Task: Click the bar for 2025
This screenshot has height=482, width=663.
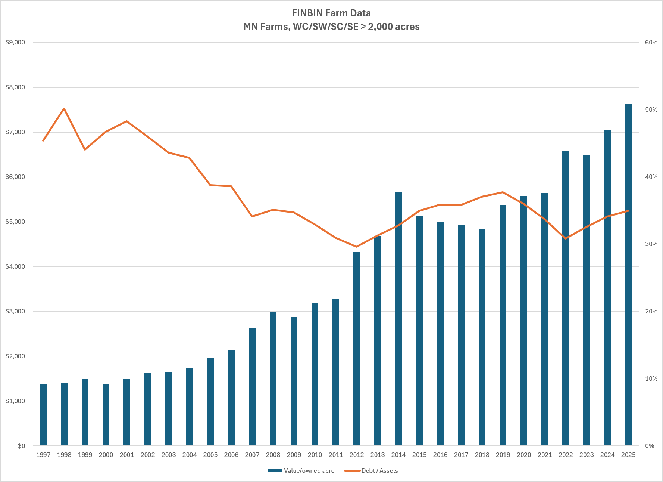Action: point(628,275)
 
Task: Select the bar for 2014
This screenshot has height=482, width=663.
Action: point(398,319)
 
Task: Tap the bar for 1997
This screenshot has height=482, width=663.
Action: point(43,415)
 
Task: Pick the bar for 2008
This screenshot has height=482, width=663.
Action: point(273,379)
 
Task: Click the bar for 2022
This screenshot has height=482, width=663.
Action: point(566,298)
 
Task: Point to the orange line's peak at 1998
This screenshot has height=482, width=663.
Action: point(64,109)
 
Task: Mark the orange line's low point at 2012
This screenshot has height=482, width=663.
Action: point(357,247)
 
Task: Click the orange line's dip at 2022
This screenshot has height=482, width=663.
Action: point(566,238)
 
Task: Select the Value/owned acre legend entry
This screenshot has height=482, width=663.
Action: point(301,470)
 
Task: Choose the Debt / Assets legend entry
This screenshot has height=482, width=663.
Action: point(371,470)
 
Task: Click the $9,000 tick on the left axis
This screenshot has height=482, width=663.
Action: point(15,43)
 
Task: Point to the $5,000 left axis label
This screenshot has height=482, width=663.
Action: point(15,222)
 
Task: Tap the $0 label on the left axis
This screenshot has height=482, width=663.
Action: point(22,446)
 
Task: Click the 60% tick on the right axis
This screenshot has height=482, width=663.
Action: point(651,43)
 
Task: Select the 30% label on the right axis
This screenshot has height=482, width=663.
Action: point(651,244)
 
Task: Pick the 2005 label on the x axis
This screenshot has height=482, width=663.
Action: point(210,455)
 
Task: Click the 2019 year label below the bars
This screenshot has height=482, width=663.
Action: point(503,455)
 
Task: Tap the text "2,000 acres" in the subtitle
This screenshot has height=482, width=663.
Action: point(394,27)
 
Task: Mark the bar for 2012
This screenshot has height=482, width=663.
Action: point(357,349)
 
